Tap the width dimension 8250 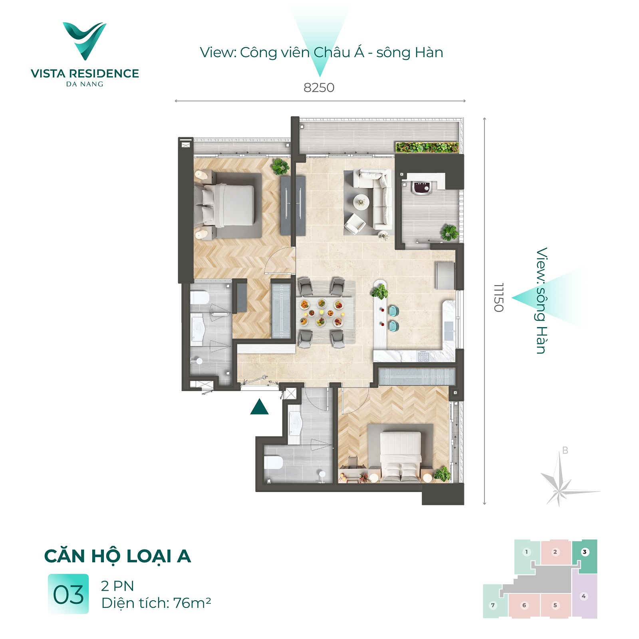pyautogui.click(x=319, y=87)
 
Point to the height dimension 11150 pyautogui.click(x=498, y=298)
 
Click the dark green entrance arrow pyautogui.click(x=259, y=407)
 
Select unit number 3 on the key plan pyautogui.click(x=585, y=552)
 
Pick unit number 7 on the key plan pyautogui.click(x=493, y=605)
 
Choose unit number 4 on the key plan pyautogui.click(x=584, y=596)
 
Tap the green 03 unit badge pyautogui.click(x=68, y=594)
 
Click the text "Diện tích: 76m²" pyautogui.click(x=156, y=603)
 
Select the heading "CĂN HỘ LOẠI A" pyautogui.click(x=117, y=556)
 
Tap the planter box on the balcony pyautogui.click(x=427, y=147)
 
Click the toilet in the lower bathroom pyautogui.click(x=274, y=463)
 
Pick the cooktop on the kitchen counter pyautogui.click(x=423, y=355)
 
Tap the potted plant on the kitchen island pyautogui.click(x=379, y=292)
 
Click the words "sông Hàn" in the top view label pyautogui.click(x=410, y=53)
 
